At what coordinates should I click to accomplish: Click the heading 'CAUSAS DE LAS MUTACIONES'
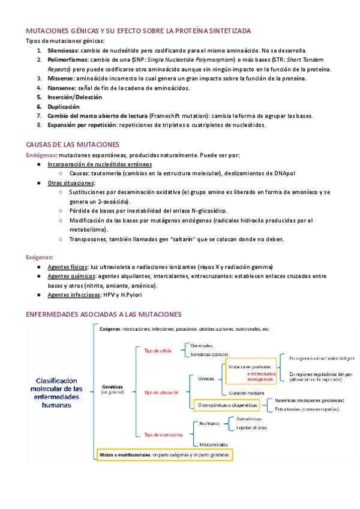point(73,145)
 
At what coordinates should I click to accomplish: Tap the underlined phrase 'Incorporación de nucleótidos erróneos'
point(100,164)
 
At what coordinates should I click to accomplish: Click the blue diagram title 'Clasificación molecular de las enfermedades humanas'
point(58,393)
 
